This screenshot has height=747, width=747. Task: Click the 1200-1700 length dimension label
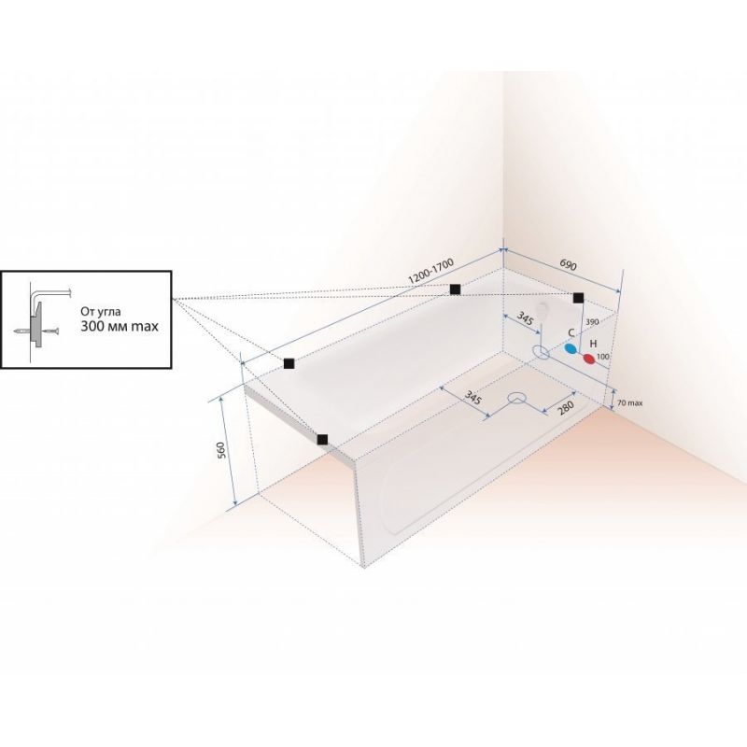(431, 272)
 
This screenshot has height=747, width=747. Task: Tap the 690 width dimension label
(569, 265)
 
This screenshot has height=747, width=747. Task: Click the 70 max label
(629, 403)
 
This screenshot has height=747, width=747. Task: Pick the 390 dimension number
(592, 322)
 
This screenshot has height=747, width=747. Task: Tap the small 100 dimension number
(603, 357)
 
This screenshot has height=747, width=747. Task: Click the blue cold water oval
(571, 348)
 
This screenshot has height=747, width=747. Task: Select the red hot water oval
(590, 359)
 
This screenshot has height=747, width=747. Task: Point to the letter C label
(571, 333)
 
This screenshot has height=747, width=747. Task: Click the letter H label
(594, 344)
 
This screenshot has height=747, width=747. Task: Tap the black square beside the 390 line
(578, 298)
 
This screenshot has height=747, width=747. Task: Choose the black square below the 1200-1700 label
(455, 289)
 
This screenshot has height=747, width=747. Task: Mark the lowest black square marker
(322, 439)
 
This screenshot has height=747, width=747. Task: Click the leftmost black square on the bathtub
(289, 363)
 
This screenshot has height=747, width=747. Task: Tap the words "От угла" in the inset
(101, 312)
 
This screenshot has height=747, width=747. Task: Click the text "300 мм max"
(120, 326)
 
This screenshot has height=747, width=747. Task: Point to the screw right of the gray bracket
(51, 331)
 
